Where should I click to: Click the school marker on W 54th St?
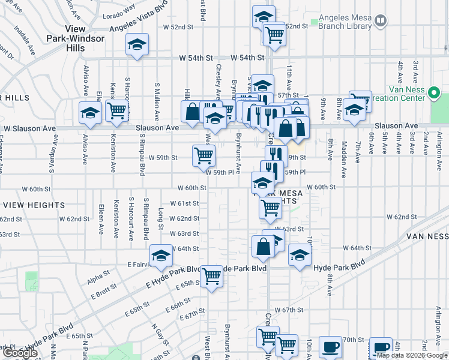coord(137,45)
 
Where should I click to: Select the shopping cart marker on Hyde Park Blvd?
coord(211,276)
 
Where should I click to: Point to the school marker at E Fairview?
coord(161,256)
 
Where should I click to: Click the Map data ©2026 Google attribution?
coord(412,355)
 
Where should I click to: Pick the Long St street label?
coord(161,218)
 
